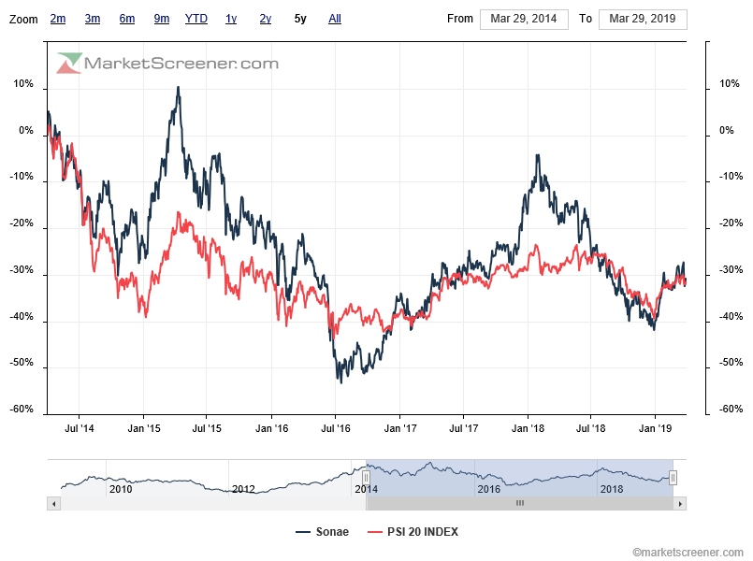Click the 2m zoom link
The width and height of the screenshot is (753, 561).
pyautogui.click(x=58, y=19)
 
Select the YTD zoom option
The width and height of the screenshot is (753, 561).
pyautogui.click(x=196, y=19)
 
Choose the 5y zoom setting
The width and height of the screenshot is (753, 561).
pyautogui.click(x=299, y=19)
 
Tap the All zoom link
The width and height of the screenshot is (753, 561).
pyautogui.click(x=335, y=19)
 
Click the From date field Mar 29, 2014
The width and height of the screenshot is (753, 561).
pyautogui.click(x=524, y=19)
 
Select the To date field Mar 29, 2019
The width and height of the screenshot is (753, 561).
pyautogui.click(x=642, y=19)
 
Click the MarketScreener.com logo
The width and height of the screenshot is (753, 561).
pyautogui.click(x=168, y=64)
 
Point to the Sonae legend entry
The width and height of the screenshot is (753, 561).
pyautogui.click(x=322, y=532)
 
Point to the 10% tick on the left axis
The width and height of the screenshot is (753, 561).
pyautogui.click(x=23, y=85)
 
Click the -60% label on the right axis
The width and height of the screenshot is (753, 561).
pyautogui.click(x=731, y=410)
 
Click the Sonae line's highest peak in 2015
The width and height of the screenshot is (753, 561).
pyautogui.click(x=178, y=88)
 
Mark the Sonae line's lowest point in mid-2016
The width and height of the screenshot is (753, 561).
pyautogui.click(x=340, y=381)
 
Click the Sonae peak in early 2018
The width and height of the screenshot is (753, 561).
pyautogui.click(x=538, y=155)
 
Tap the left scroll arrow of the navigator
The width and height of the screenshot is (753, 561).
pyautogui.click(x=53, y=503)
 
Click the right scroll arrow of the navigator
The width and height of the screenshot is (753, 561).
pyautogui.click(x=680, y=503)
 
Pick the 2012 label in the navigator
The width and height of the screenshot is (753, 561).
pyautogui.click(x=243, y=489)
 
